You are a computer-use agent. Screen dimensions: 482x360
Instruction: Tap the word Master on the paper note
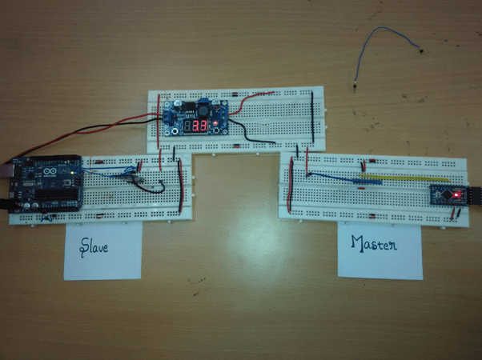(373, 243)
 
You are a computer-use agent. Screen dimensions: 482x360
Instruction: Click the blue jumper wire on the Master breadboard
(336, 177)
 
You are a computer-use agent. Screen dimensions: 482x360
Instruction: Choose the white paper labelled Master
(380, 250)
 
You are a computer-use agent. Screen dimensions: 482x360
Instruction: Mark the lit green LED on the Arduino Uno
(74, 170)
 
